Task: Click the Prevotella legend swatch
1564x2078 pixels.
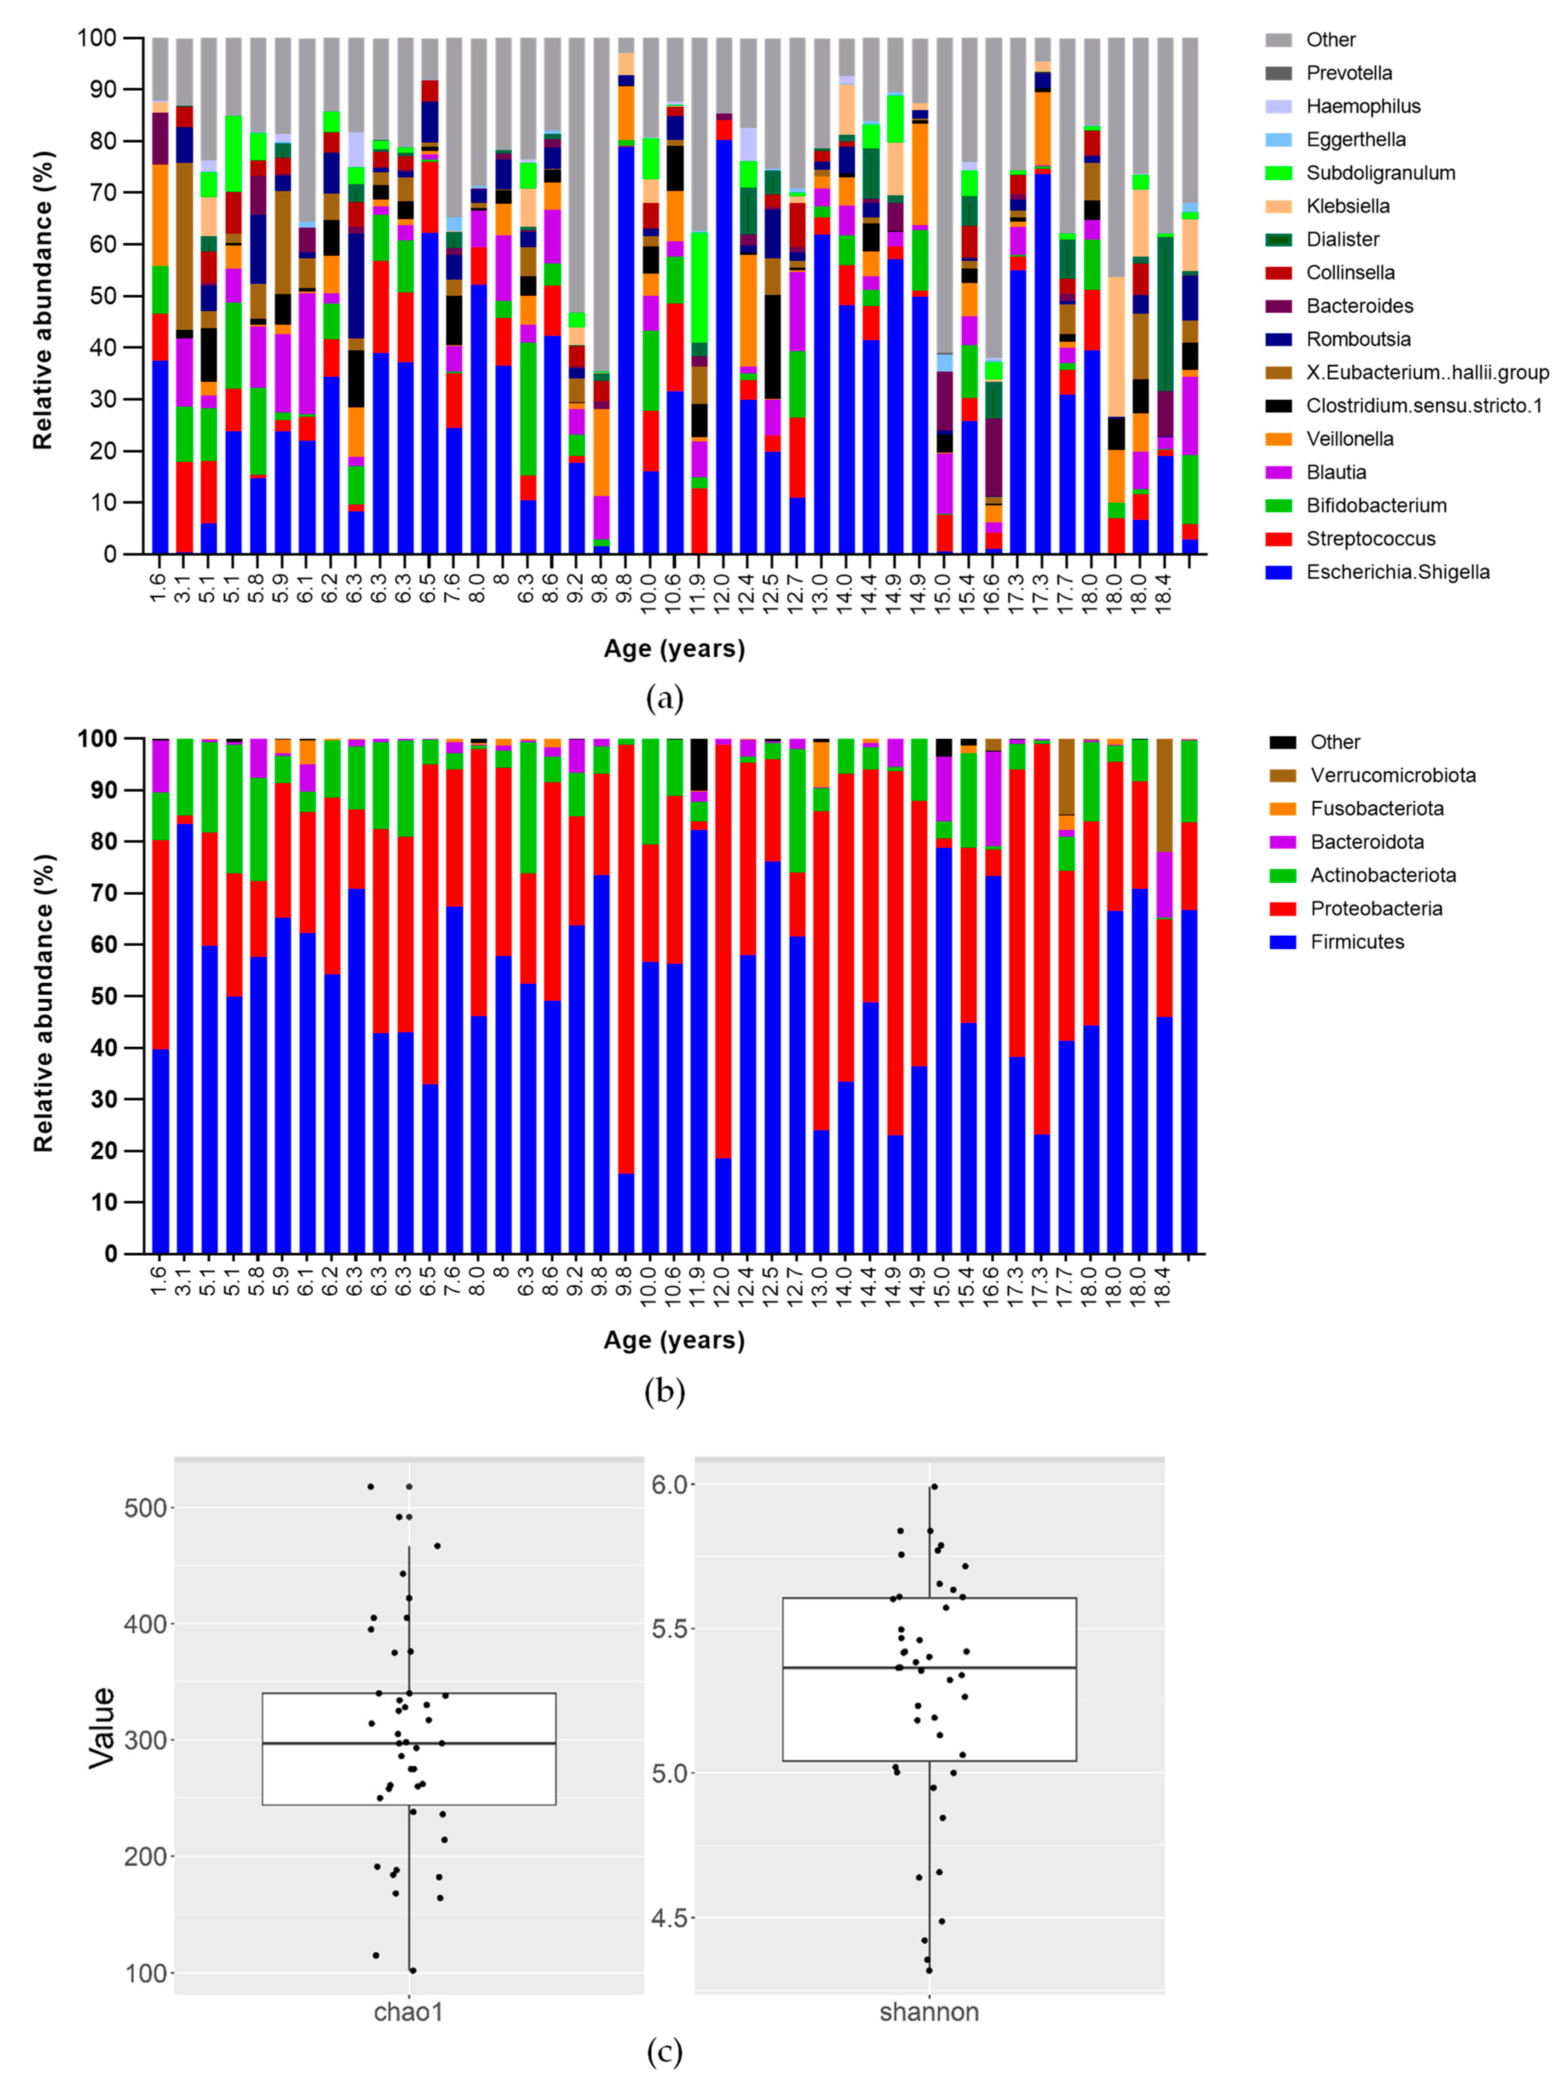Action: pyautogui.click(x=1279, y=73)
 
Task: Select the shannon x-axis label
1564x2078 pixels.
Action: pyautogui.click(x=929, y=2011)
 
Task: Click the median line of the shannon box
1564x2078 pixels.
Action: pyautogui.click(x=929, y=1668)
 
